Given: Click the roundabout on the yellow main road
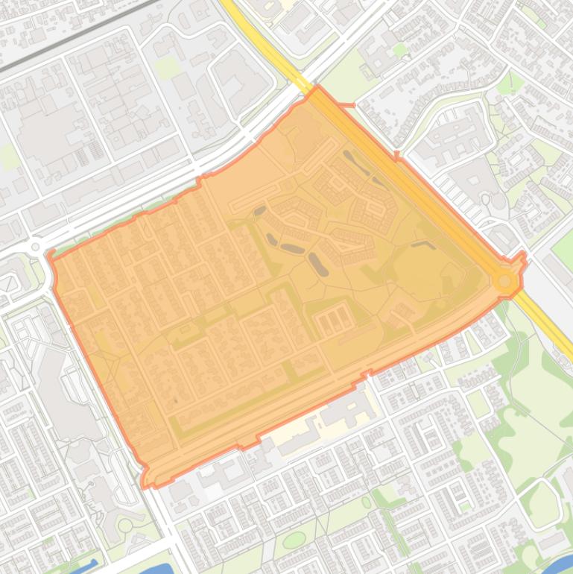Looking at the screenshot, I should pyautogui.click(x=505, y=280).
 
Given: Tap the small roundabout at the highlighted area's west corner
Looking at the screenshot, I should pyautogui.click(x=34, y=247).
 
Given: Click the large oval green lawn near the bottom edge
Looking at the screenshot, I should pyautogui.click(x=294, y=539).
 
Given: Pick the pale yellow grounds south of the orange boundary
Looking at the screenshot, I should pyautogui.click(x=298, y=432).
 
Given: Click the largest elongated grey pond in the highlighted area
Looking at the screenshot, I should pyautogui.click(x=318, y=265).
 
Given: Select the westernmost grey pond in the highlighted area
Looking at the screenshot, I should pyautogui.click(x=259, y=212).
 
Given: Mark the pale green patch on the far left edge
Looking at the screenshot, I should pyautogui.click(x=7, y=157).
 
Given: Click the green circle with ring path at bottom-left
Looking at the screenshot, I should pyautogui.click(x=125, y=526).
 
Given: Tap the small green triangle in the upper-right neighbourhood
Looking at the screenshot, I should pyautogui.click(x=400, y=50).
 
